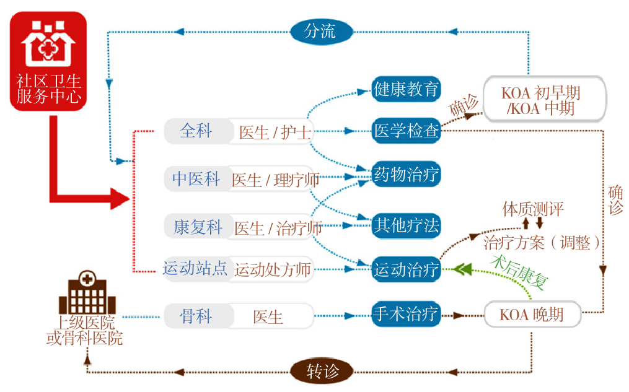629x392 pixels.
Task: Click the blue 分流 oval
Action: pos(321,31)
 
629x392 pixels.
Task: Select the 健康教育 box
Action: pos(406,89)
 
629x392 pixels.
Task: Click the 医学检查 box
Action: pos(406,131)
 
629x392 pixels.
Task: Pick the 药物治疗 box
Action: pos(406,175)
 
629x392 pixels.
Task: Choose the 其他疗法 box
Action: pos(406,225)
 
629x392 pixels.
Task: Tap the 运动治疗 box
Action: pos(406,269)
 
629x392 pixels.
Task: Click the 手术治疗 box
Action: pos(406,314)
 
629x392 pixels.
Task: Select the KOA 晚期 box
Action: pos(532,315)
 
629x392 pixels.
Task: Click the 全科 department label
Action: pos(196,131)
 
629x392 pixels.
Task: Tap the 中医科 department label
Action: pos(196,179)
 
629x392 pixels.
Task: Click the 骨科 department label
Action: pos(196,316)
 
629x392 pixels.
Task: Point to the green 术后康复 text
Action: pos(519,273)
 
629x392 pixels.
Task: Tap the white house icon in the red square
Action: pos(48,47)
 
